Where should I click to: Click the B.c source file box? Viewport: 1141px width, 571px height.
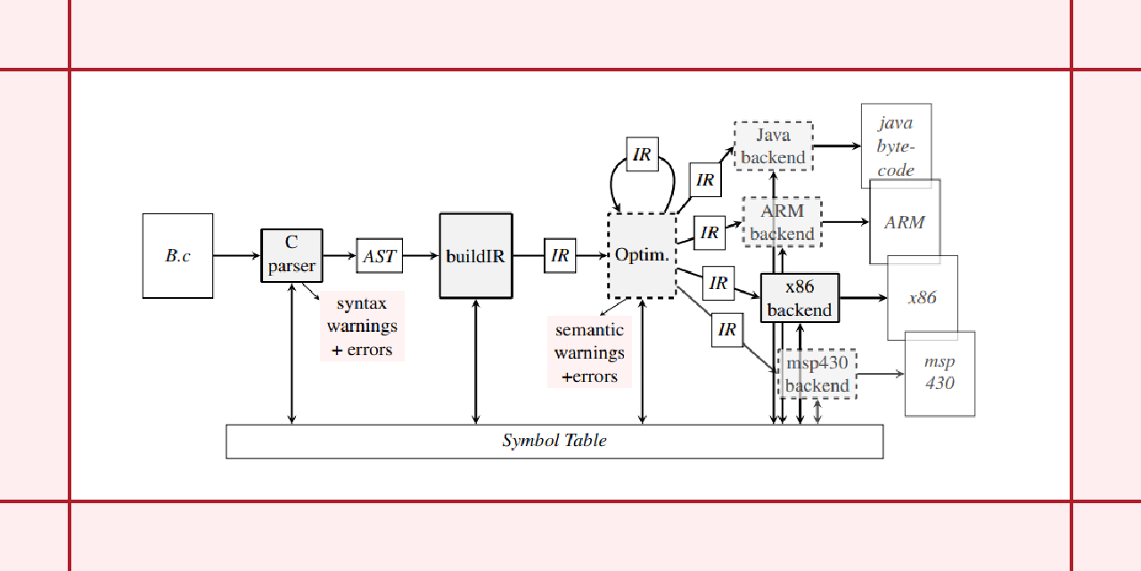pyautogui.click(x=178, y=256)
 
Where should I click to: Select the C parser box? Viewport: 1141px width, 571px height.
pyautogui.click(x=291, y=255)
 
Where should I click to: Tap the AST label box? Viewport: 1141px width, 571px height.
pyautogui.click(x=380, y=256)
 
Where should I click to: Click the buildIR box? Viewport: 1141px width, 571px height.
pyautogui.click(x=476, y=256)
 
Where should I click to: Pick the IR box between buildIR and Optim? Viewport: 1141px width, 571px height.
pyautogui.click(x=560, y=256)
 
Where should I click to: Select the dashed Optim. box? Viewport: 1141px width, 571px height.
pyautogui.click(x=642, y=256)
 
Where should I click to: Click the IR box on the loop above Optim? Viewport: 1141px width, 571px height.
pyautogui.click(x=642, y=155)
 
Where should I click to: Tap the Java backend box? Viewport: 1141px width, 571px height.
pyautogui.click(x=773, y=146)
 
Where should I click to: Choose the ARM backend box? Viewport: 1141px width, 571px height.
pyautogui.click(x=782, y=222)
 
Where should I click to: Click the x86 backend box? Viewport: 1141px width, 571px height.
pyautogui.click(x=800, y=298)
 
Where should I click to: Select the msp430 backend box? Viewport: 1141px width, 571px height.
pyautogui.click(x=817, y=374)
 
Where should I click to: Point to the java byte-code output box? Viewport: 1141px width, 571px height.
pyautogui.click(x=896, y=146)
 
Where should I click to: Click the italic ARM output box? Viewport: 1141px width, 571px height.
pyautogui.click(x=905, y=222)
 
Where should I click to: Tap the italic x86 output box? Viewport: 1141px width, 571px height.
pyautogui.click(x=923, y=298)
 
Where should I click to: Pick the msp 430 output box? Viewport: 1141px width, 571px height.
pyautogui.click(x=940, y=374)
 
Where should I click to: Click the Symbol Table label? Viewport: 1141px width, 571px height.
pyautogui.click(x=554, y=441)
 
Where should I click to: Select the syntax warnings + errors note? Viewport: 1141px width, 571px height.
pyautogui.click(x=363, y=327)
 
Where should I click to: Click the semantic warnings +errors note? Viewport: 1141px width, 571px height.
pyautogui.click(x=589, y=353)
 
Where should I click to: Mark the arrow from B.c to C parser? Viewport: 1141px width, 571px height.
pyautogui.click(x=237, y=256)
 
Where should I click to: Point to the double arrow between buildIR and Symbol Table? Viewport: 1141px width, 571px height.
pyautogui.click(x=476, y=361)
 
